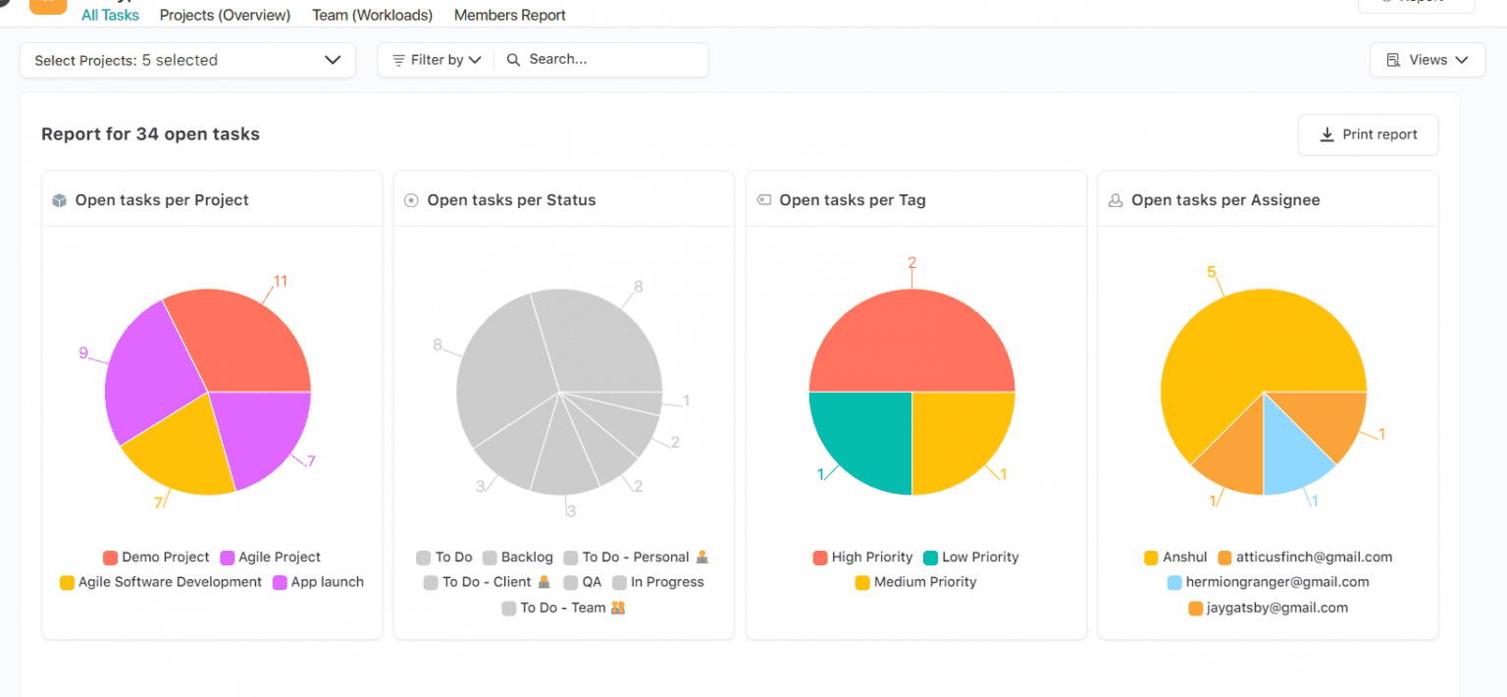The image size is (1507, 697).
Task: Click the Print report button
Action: pos(1368,134)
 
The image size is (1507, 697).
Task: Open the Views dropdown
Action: pos(1428,60)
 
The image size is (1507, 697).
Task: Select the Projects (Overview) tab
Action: pos(225,15)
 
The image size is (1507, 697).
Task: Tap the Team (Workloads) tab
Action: pos(372,15)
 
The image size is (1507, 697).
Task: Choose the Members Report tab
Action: pos(509,15)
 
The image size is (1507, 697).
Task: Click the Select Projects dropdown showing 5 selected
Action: pos(187,60)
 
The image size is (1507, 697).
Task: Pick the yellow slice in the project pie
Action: pos(182,452)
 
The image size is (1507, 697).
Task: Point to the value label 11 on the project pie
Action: pos(281,282)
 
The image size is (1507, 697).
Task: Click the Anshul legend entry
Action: pos(1176,557)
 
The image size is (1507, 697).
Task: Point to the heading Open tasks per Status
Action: pos(511,200)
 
